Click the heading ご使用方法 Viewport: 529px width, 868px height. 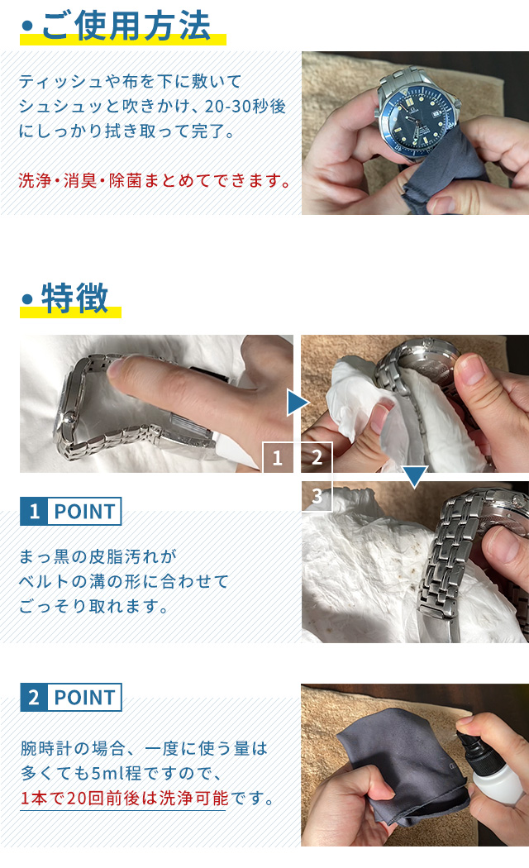point(126,26)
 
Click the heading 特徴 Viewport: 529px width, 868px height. point(74,298)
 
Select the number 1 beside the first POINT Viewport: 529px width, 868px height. point(35,511)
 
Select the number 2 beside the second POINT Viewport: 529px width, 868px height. point(35,697)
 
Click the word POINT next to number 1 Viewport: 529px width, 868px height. point(84,512)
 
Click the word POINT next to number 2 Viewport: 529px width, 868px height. point(84,698)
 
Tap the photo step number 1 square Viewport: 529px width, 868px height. point(277,457)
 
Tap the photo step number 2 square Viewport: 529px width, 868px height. point(317,457)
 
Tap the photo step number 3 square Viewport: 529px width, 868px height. point(317,496)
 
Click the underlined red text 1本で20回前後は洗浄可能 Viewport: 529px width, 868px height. point(124,798)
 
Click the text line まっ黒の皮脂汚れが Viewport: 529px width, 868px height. point(98,556)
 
